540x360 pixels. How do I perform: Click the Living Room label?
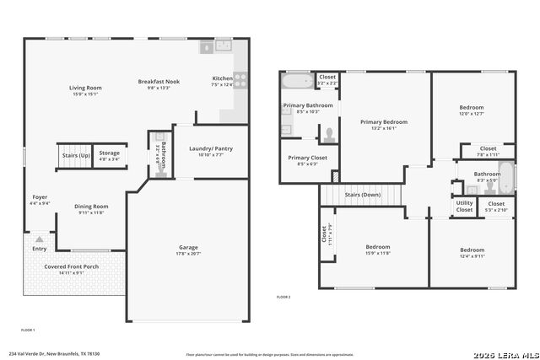tap(85, 88)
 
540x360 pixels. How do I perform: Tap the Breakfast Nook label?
tap(159, 82)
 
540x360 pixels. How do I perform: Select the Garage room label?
tap(187, 247)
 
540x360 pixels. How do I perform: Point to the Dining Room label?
tap(91, 206)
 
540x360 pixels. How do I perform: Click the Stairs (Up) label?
tap(73, 156)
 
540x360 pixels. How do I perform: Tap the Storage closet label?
tap(110, 153)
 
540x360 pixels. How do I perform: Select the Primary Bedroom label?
tap(384, 122)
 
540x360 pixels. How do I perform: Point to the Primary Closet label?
tap(307, 158)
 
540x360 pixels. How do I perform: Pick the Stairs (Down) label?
tap(363, 195)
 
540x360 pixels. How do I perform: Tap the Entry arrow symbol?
tap(39, 239)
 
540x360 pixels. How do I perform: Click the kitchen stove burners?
tap(240, 80)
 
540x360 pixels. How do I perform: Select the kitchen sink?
tap(224, 46)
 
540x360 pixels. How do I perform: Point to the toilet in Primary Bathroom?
tap(327, 135)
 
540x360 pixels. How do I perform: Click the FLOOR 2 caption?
tap(283, 298)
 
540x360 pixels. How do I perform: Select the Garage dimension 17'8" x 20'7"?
tap(187, 254)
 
